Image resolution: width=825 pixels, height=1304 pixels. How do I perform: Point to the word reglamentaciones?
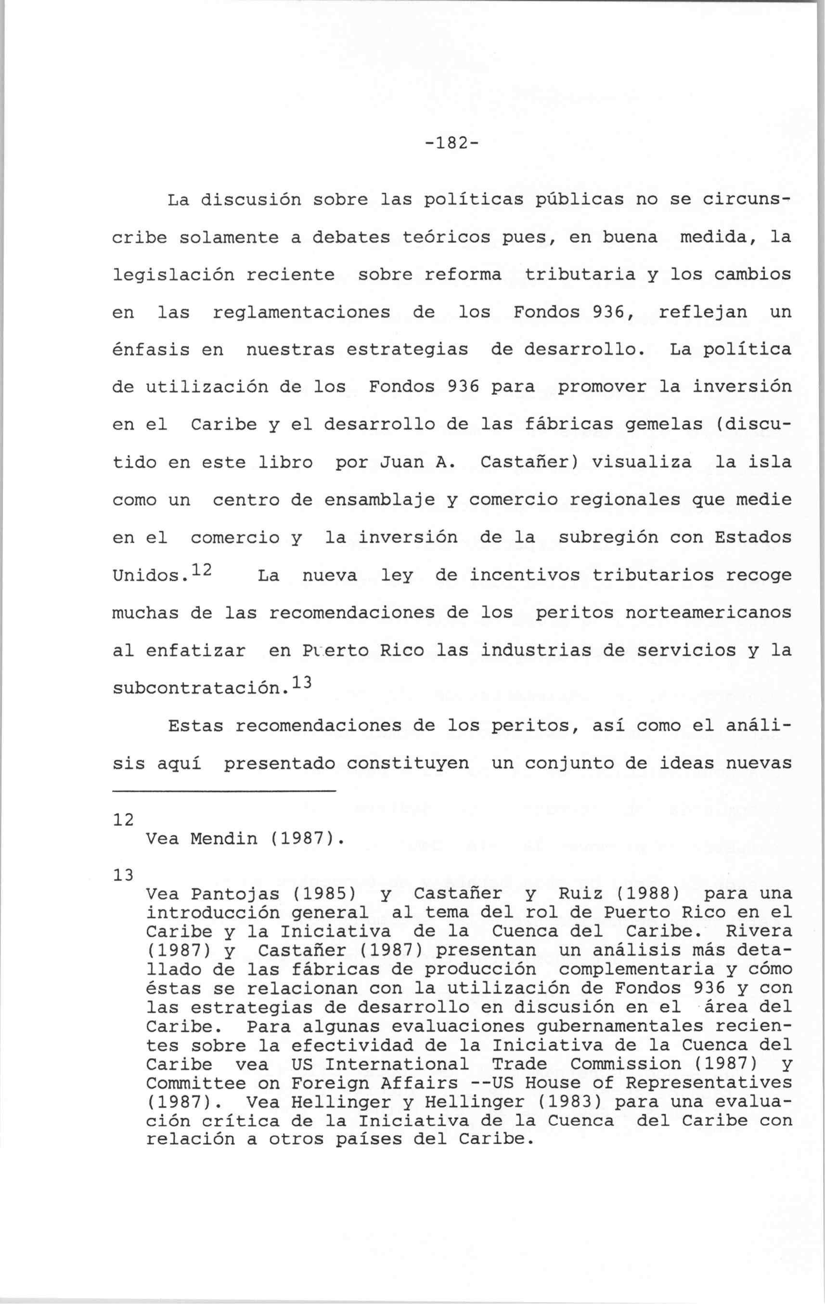(301, 313)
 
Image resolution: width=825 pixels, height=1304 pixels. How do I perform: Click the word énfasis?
(151, 350)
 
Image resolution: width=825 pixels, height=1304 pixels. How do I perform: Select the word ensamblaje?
(379, 500)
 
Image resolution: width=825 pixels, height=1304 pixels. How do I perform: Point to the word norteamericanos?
(708, 613)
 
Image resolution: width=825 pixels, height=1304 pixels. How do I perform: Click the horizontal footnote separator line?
(224, 792)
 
